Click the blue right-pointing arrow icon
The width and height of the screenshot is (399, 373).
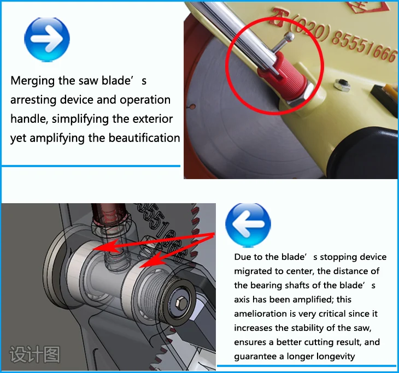47,39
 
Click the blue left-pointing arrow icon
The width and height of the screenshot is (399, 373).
248,224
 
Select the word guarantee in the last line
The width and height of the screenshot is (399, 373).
255,356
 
